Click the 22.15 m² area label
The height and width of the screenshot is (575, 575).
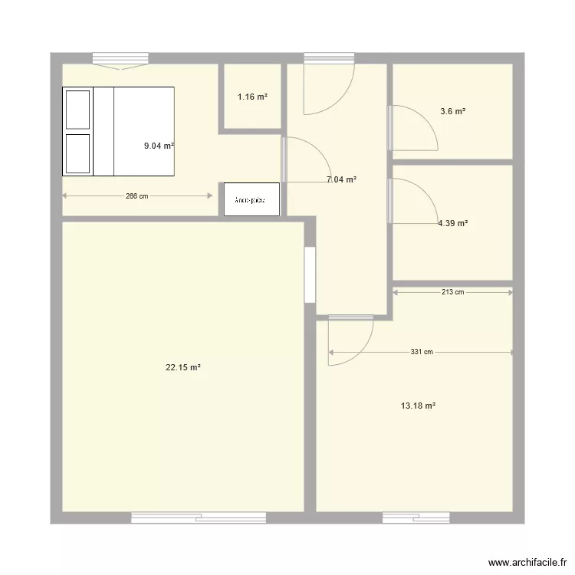click(x=183, y=367)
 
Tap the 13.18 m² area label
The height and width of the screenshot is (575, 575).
click(x=418, y=406)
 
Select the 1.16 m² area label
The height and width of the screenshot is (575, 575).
click(x=252, y=97)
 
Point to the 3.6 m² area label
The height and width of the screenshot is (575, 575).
click(x=453, y=111)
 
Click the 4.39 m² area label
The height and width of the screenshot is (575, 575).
click(x=453, y=224)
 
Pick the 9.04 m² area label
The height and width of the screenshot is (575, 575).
click(x=159, y=145)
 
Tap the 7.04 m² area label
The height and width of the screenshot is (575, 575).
click(x=342, y=180)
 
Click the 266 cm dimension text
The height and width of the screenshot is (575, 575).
click(x=137, y=196)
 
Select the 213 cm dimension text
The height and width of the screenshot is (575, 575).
click(x=453, y=292)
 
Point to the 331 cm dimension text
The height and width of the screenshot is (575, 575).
click(x=422, y=353)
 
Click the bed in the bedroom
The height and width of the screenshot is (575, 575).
click(x=119, y=131)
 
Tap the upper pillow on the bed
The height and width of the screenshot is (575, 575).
click(x=77, y=109)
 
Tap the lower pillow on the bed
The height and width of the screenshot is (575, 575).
click(x=77, y=153)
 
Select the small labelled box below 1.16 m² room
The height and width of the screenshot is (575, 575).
click(x=251, y=199)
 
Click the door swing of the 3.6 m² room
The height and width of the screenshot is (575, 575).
click(x=414, y=127)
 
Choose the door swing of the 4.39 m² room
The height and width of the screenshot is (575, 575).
click(x=414, y=201)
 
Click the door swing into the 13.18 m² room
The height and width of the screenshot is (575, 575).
click(x=350, y=339)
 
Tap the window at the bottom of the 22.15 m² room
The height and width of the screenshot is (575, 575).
click(x=199, y=518)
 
